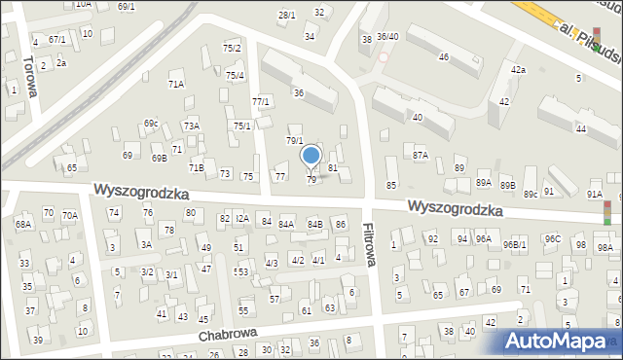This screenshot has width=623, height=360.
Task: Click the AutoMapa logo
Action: coord(561,341)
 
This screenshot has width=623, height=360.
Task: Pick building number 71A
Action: coord(175,85)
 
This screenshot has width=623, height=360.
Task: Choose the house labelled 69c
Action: coord(151,124)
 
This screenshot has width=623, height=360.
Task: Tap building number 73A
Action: coord(192,126)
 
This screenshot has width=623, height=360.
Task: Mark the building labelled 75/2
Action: coord(232,48)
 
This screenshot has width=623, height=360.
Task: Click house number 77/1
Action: coord(260,102)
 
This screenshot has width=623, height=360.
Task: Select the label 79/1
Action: coord(294,141)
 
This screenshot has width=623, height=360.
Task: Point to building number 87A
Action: coord(421,155)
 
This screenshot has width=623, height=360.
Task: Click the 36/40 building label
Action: coord(388,37)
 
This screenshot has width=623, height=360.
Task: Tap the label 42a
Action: coord(519,70)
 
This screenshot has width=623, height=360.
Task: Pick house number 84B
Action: coord(314,225)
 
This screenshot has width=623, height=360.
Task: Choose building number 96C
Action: coord(552,238)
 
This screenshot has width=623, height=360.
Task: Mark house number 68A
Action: coord(23,225)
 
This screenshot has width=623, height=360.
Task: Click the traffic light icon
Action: coord(608,210)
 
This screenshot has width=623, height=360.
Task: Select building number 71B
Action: coord(196,167)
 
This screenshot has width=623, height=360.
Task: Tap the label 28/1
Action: coord(286,16)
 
